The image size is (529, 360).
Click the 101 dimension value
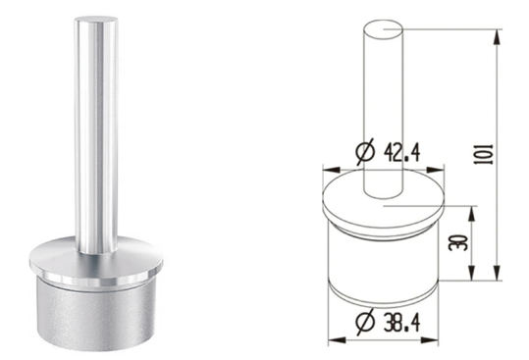pos(484,154)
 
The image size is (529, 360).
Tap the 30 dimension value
pos(458,242)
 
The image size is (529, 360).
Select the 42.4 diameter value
pos(401,152)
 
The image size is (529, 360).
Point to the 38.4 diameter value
pos(401,322)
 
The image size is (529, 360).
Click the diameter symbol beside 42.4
pos(365,152)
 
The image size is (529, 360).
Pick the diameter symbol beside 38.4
pos(365,322)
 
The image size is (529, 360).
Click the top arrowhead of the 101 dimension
pos(497,36)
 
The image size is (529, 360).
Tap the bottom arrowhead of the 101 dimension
pos(497,273)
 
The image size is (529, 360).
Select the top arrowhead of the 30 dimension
pos(472,213)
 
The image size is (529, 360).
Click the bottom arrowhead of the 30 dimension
pos(472,273)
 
